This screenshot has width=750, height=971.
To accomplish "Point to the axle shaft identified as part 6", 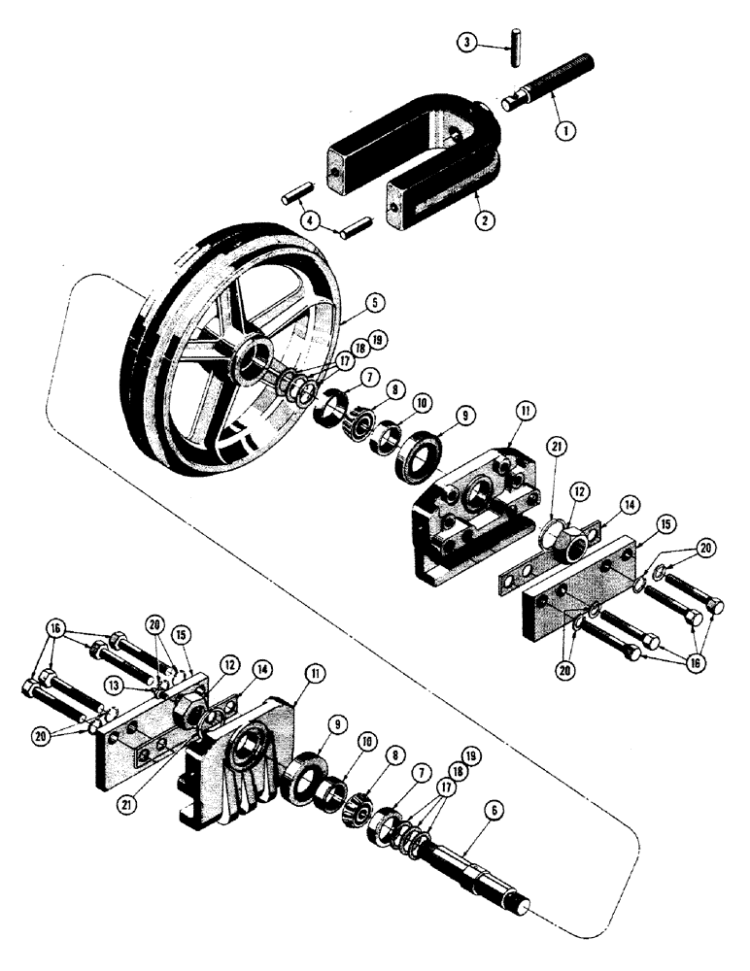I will pyautogui.click(x=476, y=869).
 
